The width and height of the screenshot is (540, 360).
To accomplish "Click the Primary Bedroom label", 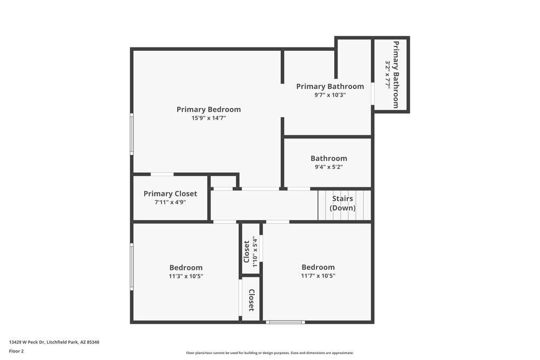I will (208, 110).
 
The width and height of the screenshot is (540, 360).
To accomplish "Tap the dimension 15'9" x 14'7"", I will (208, 118).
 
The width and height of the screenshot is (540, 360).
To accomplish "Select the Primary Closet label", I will (170, 194).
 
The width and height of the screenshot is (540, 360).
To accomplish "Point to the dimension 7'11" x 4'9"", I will (170, 202).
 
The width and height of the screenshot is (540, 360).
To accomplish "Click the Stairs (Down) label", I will (343, 203).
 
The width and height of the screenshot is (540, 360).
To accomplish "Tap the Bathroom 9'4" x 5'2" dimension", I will (328, 167).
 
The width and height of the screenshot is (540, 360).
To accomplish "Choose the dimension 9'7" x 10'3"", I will (330, 95).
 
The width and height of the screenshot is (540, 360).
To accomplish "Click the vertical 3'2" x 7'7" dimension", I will (388, 74).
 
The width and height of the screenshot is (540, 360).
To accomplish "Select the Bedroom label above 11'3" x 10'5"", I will (186, 268).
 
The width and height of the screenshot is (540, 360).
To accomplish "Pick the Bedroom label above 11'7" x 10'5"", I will (318, 267).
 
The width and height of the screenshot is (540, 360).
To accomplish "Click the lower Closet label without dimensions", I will (251, 300).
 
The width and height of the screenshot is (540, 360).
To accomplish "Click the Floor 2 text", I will (16, 351).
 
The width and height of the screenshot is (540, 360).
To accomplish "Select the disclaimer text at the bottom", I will (270, 353).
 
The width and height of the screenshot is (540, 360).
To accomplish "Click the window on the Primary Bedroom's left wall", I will (131, 134).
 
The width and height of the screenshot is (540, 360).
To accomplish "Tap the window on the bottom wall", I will (286, 322).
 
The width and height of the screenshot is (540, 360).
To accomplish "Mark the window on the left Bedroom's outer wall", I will (131, 267).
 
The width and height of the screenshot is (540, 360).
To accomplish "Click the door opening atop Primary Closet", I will (162, 174).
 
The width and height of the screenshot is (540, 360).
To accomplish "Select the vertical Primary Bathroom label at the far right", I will (396, 74).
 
